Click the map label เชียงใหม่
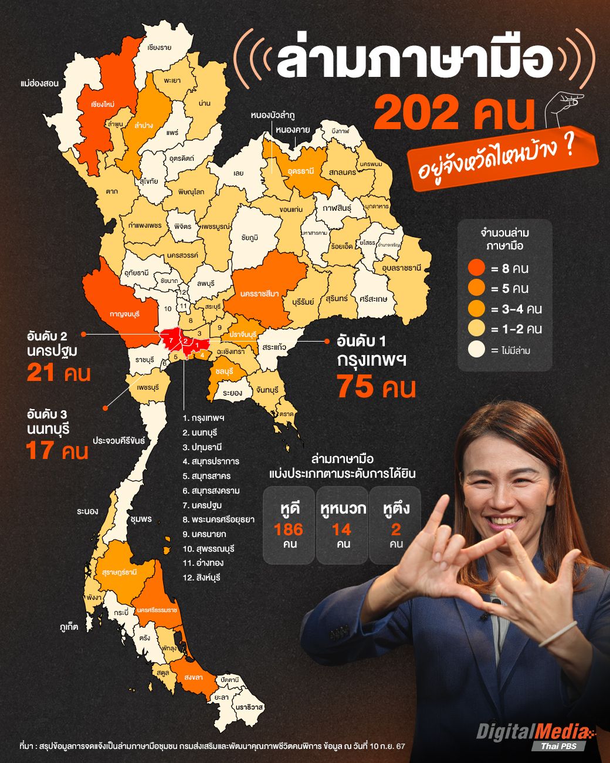102,104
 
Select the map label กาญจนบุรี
124,314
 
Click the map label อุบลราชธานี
402,268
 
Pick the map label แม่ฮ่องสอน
39,83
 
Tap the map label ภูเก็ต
69,626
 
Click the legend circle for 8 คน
477,268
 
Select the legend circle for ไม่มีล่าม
477,350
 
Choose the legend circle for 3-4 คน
477,309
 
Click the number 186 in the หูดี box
289,529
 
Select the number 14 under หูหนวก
341,529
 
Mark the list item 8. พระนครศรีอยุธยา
218,519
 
